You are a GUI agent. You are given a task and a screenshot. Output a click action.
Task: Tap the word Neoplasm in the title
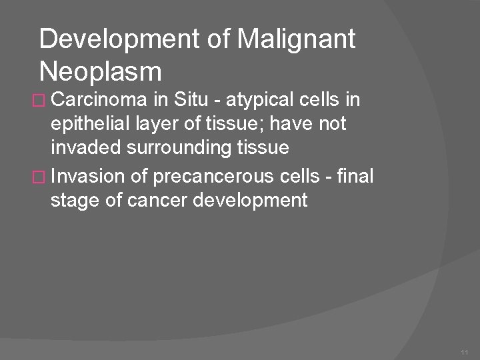[x=101, y=70]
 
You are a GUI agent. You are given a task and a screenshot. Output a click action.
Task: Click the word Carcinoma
[x=99, y=101]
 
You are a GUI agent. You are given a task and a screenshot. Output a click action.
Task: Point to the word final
[x=357, y=176]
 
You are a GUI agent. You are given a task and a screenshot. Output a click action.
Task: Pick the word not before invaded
[x=331, y=125]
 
